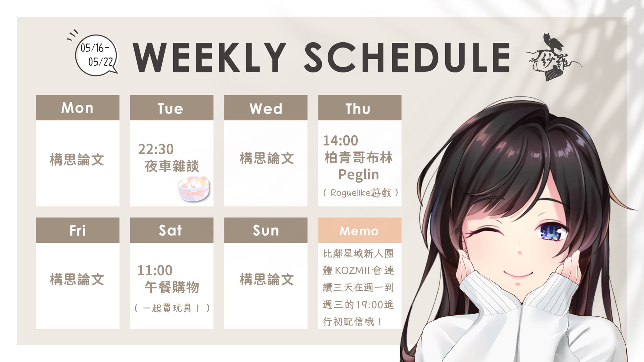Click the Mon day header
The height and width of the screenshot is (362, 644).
77,108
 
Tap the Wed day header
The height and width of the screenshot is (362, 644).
266,108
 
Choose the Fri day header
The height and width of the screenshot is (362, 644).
77,230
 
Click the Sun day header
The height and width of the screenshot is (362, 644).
266,230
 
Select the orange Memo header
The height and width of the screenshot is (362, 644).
359,231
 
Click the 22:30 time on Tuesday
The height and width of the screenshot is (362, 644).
156,149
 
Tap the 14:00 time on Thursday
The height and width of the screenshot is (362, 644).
341,140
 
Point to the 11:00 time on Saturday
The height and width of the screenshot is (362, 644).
155,270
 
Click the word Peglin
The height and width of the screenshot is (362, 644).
359,175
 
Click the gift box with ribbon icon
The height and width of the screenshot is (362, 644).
194,189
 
